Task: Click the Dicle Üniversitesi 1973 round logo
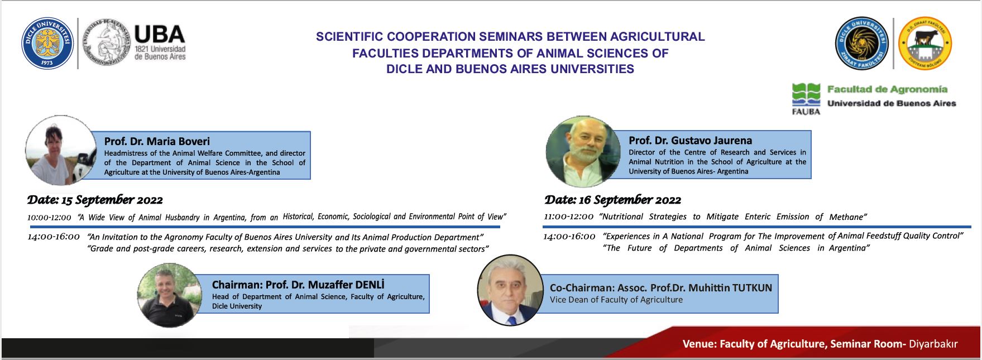pos(47,43)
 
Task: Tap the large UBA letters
pos(160,35)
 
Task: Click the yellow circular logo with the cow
pos(924,43)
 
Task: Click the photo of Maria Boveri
pos(61,151)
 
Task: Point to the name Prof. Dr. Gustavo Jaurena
pos(690,141)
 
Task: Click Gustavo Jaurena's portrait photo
pos(583,151)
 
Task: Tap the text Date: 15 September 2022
pos(95,200)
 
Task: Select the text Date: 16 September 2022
pos(612,200)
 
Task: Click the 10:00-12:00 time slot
pos(49,218)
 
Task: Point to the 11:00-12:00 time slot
pos(568,217)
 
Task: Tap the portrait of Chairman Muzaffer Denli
pos(170,295)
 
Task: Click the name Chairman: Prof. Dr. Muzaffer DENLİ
pos(298,285)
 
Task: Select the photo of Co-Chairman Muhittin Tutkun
pos(510,290)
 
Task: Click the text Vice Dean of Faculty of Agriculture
pos(616,300)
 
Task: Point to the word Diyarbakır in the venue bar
pos(933,344)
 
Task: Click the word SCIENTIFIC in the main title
pos(349,37)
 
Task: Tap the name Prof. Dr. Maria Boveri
pos(157,141)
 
